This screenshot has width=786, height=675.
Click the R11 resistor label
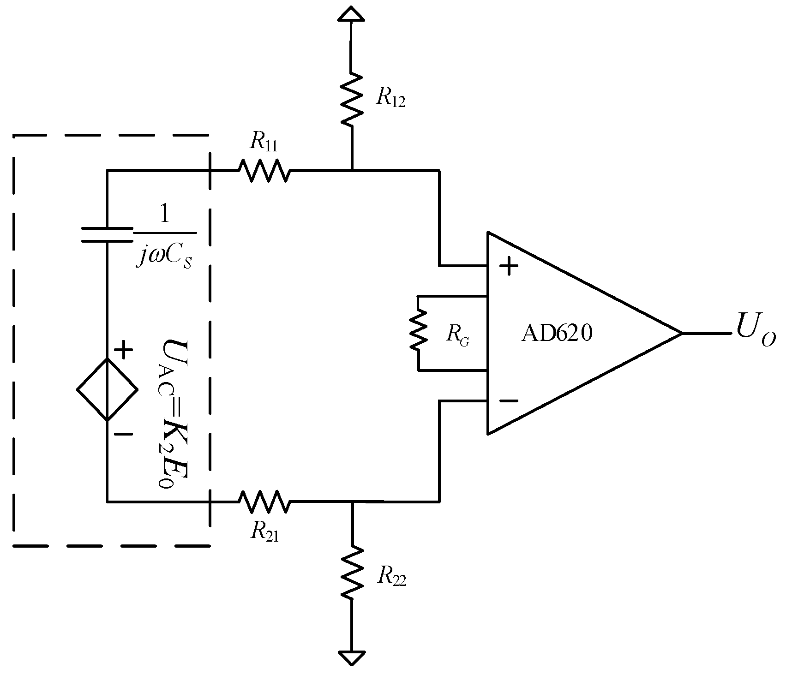pyautogui.click(x=264, y=143)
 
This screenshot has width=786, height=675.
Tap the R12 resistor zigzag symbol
pyautogui.click(x=351, y=99)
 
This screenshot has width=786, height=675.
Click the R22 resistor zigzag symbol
pyautogui.click(x=351, y=573)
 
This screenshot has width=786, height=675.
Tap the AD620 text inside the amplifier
pyautogui.click(x=556, y=333)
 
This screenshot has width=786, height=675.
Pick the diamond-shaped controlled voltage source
pyautogui.click(x=107, y=389)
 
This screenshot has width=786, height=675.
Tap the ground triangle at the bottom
pyautogui.click(x=351, y=657)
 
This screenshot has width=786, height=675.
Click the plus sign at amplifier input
pyautogui.click(x=509, y=266)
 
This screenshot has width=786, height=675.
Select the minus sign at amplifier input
pyautogui.click(x=508, y=401)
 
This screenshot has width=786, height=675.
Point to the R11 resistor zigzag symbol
pyautogui.click(x=264, y=170)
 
